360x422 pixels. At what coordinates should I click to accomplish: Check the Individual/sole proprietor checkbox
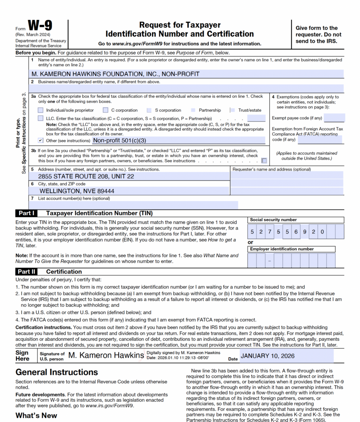click(40, 110)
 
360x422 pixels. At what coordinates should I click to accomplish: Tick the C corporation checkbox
click(106, 110)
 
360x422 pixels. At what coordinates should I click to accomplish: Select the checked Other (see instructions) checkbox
click(40, 140)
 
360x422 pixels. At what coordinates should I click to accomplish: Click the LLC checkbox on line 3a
click(40, 119)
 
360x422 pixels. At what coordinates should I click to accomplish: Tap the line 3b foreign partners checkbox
click(264, 161)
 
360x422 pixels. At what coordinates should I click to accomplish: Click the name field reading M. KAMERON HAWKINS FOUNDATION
click(115, 74)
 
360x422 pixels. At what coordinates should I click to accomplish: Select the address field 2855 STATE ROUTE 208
click(86, 176)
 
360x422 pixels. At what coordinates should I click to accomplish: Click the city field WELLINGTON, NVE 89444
click(77, 191)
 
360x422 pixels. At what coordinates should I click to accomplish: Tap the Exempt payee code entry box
click(335, 118)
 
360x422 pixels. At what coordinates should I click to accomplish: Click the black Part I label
click(26, 213)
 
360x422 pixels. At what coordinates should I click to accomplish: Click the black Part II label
click(26, 272)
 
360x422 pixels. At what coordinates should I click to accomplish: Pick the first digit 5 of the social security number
click(252, 232)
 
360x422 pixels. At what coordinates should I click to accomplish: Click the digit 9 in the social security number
click(305, 232)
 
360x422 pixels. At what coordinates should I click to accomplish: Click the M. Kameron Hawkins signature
click(106, 355)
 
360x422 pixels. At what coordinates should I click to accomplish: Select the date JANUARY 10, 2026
click(268, 356)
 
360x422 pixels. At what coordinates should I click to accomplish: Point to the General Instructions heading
click(56, 373)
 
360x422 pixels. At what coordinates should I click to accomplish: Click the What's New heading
click(36, 415)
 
